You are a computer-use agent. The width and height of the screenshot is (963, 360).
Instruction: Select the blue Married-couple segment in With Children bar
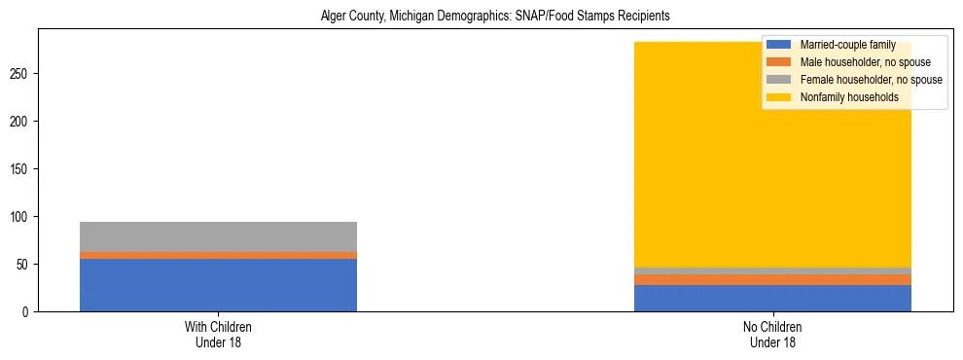(x=218, y=285)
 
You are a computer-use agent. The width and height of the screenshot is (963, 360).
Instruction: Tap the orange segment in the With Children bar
(x=218, y=255)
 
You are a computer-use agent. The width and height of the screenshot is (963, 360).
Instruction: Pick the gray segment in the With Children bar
(x=218, y=236)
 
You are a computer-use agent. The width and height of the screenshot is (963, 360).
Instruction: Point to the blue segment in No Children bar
(x=772, y=298)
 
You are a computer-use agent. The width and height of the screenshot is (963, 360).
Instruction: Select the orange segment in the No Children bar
(x=772, y=280)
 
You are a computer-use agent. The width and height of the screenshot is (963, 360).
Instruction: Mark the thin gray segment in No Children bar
(x=772, y=270)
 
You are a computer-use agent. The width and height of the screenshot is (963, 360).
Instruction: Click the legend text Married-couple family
(x=846, y=46)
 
